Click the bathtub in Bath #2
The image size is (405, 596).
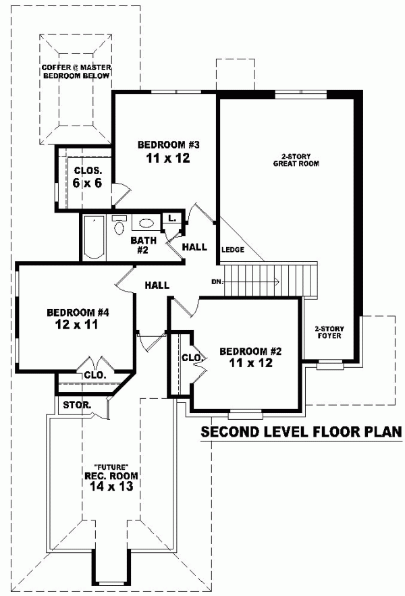click(94, 238)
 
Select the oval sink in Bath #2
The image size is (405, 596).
click(146, 223)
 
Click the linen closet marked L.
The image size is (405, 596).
click(172, 218)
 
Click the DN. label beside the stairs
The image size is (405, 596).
click(217, 281)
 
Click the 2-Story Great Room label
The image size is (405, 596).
click(296, 159)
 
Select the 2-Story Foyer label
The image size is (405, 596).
click(329, 331)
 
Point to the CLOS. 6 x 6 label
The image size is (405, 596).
click(88, 177)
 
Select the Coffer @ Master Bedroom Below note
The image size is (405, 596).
click(76, 72)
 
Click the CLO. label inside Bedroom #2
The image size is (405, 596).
click(190, 357)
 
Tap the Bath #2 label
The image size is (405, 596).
click(143, 244)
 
